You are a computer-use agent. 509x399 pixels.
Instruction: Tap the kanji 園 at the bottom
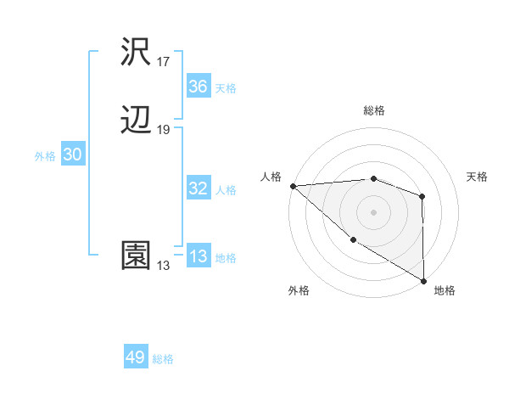click(137, 256)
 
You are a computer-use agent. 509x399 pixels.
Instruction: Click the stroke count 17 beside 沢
click(164, 62)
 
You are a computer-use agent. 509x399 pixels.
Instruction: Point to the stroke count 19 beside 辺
click(164, 130)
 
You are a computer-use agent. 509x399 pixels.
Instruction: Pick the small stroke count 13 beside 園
click(164, 266)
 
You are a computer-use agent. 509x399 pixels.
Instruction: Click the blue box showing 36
click(199, 87)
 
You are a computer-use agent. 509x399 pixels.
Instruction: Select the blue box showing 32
click(199, 188)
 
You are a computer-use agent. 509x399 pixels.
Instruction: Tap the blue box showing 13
click(199, 257)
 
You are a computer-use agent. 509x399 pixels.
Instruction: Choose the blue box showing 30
click(72, 155)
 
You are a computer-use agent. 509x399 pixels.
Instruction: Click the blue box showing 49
click(136, 358)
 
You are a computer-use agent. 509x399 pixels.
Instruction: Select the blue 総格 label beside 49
click(164, 360)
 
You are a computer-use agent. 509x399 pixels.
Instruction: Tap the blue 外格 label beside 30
click(45, 156)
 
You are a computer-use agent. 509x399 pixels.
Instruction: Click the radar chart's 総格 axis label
click(374, 110)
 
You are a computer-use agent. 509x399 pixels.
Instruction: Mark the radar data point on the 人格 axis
click(293, 186)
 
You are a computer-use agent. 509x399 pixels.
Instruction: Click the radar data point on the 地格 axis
click(423, 280)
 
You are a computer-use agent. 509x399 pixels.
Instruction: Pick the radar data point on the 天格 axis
click(422, 197)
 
